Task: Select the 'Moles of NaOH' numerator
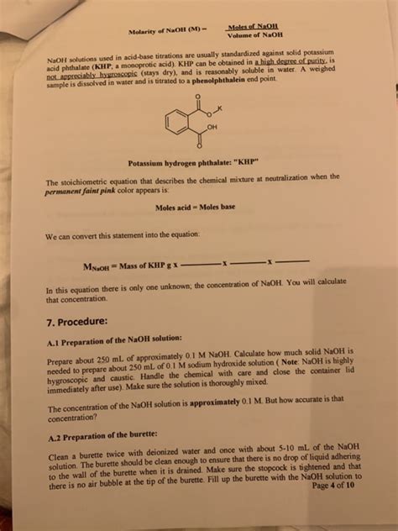[x=256, y=26]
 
